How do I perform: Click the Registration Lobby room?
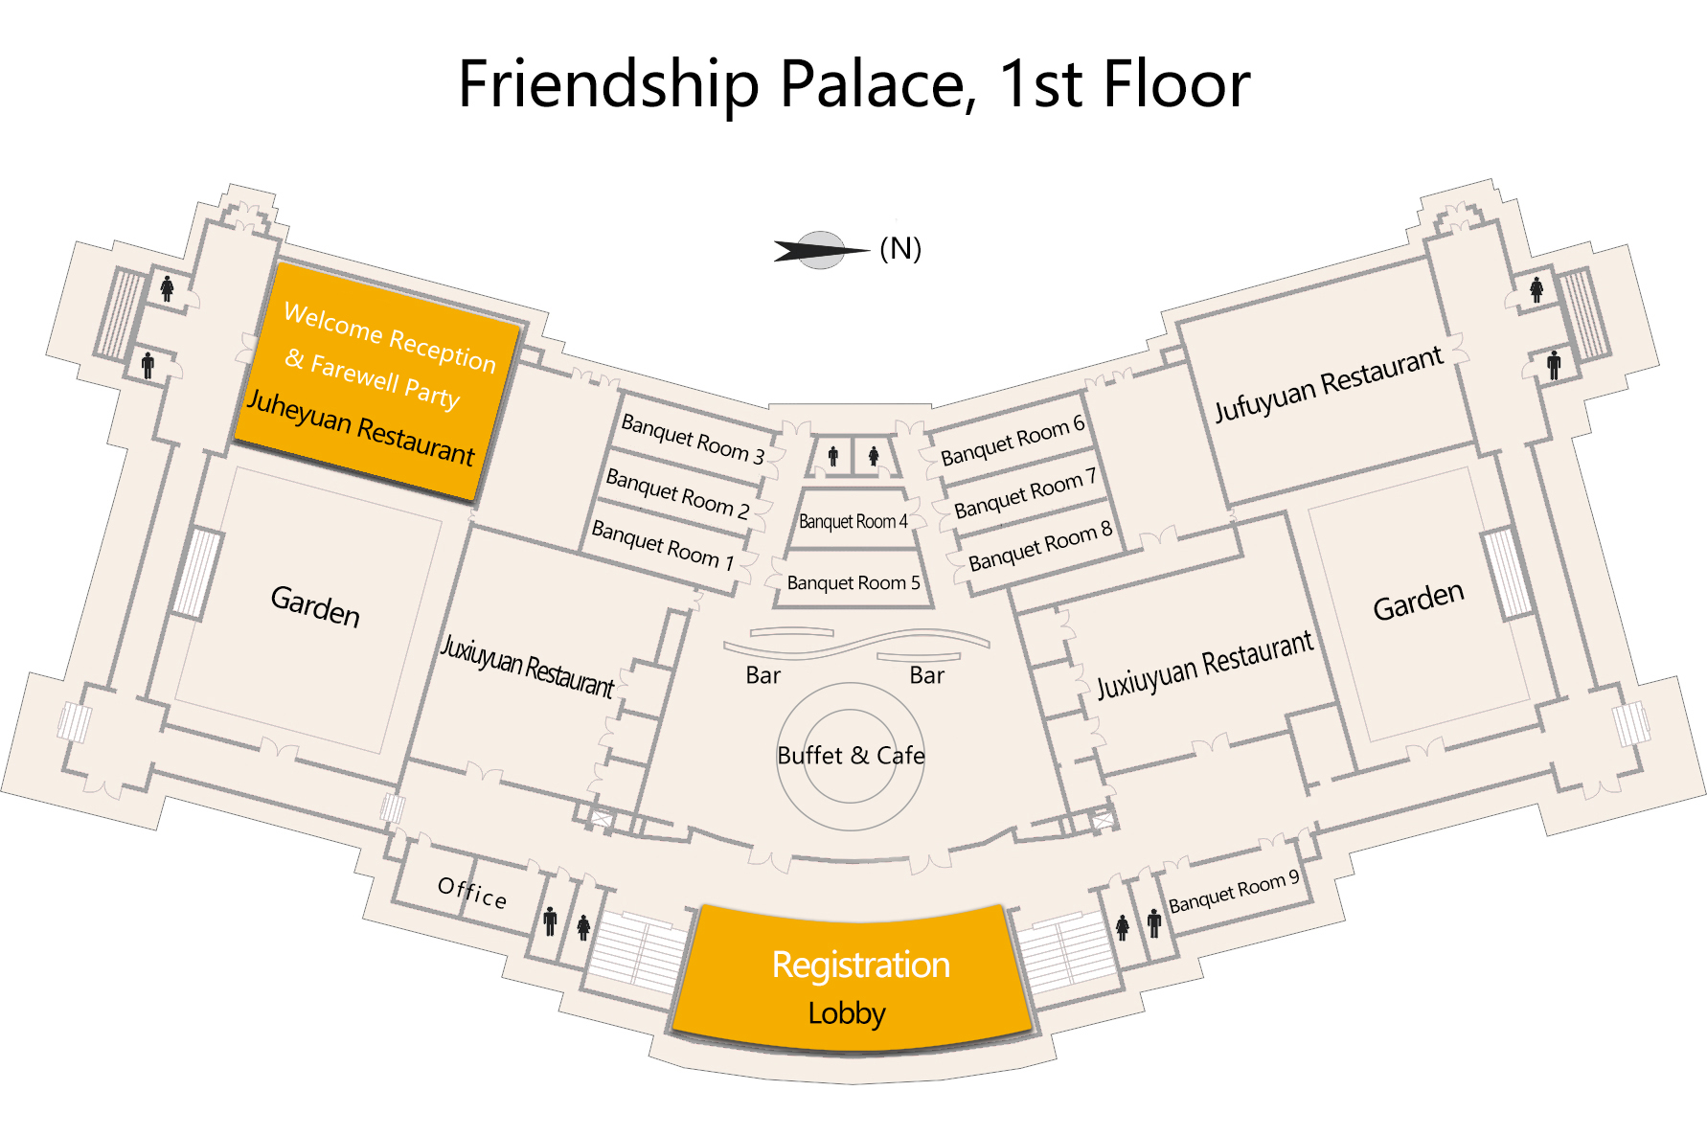853,977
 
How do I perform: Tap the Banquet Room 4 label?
853,522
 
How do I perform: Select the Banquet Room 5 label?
853,582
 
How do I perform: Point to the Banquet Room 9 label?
1235,891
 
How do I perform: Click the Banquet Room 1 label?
663,545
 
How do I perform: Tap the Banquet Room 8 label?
1040,546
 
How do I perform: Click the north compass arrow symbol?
821,251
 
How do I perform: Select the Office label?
472,892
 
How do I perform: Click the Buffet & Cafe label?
852,756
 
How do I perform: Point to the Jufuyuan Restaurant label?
1329,384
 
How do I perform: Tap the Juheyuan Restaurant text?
360,427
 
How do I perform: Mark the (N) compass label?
900,249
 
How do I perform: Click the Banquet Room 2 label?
677,493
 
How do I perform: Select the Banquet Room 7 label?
1026,493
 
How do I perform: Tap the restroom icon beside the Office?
550,920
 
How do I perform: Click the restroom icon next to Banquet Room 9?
1154,922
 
